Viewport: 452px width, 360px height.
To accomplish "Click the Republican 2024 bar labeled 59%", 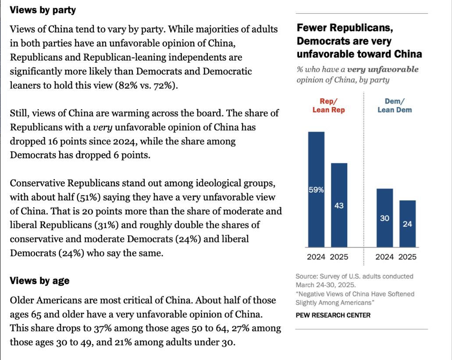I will [x=316, y=189].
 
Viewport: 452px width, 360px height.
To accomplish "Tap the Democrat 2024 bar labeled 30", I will [x=384, y=217].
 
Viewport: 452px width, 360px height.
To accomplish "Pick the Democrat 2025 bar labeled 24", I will [x=408, y=223].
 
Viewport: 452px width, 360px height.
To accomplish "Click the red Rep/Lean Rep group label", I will [x=328, y=106].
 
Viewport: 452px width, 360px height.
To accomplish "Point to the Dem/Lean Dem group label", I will [x=395, y=106].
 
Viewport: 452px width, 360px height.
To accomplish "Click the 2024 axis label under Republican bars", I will [x=316, y=257].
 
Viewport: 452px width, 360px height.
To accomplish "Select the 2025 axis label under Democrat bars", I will [x=408, y=257].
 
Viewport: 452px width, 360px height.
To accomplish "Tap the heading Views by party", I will [x=43, y=10].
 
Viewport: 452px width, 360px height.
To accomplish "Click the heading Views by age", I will [x=39, y=281].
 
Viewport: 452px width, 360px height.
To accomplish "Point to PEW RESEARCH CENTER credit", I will [x=333, y=315].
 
